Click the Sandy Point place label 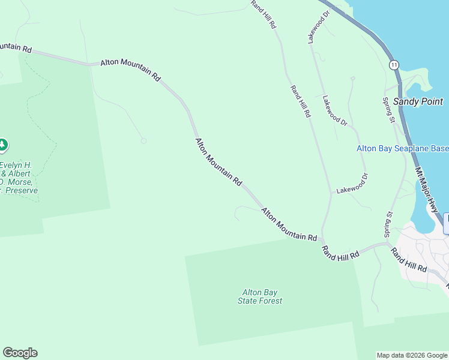[418, 102]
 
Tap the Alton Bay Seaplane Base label [402, 149]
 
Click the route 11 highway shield [393, 64]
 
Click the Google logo [20, 353]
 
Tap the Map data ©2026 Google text [412, 355]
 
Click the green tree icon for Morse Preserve [3, 145]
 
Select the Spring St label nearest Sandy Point [389, 111]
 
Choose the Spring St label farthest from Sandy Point [388, 223]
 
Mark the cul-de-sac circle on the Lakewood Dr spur [353, 78]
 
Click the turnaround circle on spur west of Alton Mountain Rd [143, 141]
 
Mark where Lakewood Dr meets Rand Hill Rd [331, 193]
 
